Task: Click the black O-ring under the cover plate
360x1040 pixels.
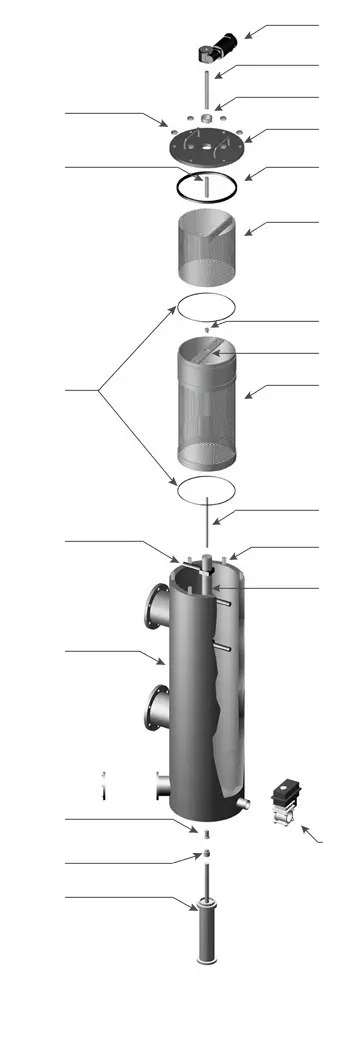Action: click(x=206, y=186)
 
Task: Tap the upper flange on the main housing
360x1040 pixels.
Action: click(x=155, y=607)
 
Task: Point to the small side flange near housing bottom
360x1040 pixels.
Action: click(x=161, y=785)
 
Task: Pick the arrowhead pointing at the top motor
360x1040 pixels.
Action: click(x=247, y=36)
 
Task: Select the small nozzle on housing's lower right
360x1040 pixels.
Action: click(x=242, y=803)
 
